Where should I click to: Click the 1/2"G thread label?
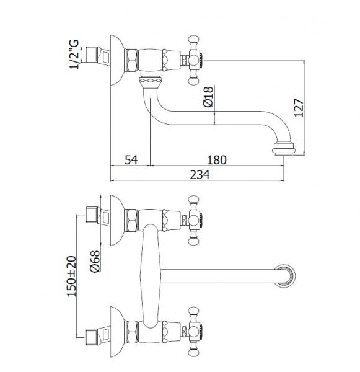point(74,54)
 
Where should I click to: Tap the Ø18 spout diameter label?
point(208,97)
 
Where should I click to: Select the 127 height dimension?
point(299,107)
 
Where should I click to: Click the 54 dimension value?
point(131,160)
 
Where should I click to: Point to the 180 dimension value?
point(217,160)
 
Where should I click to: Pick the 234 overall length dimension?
point(200,175)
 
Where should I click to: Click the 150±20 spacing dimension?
point(71,276)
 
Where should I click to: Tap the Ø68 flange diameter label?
point(95,261)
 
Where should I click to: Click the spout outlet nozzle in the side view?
point(283,149)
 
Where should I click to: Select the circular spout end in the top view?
point(284,276)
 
